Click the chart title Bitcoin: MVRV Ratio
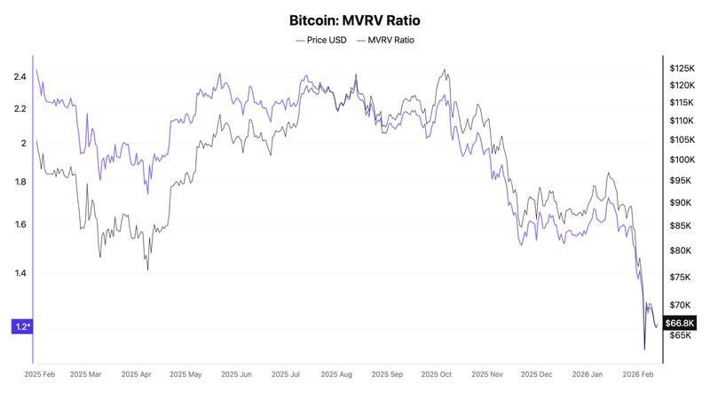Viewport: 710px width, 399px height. point(354,20)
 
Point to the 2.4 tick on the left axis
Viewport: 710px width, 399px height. point(20,77)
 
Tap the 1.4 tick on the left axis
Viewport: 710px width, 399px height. point(20,273)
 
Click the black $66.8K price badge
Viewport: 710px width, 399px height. point(681,323)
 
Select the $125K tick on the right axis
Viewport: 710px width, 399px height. point(682,68)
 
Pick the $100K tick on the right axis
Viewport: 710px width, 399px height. point(682,160)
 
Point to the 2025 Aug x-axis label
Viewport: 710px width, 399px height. point(337,375)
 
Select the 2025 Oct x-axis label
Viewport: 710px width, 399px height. point(434,375)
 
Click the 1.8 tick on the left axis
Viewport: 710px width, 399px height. point(20,183)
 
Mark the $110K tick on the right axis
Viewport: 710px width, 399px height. point(682,121)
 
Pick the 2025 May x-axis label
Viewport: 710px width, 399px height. point(186,375)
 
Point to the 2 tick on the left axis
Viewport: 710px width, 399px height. point(23,143)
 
